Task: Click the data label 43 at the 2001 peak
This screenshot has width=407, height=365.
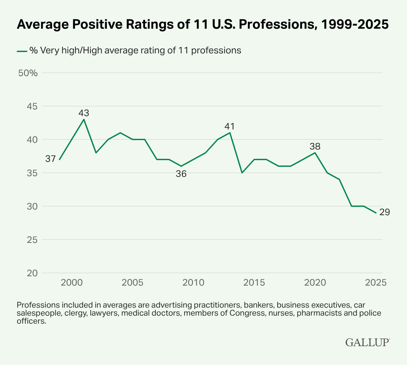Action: tap(84, 113)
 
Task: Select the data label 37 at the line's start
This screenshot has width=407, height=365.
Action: tap(50, 159)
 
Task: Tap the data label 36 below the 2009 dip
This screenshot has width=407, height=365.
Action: tap(181, 173)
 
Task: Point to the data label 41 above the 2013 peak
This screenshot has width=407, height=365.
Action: tap(230, 126)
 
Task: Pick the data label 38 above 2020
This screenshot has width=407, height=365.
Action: tap(315, 146)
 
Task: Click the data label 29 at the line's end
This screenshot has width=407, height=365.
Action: tap(385, 212)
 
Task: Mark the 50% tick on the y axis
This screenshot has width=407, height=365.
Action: tap(28, 73)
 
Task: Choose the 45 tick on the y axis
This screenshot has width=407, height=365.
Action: tap(32, 106)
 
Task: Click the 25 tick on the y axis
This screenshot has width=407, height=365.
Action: tap(32, 240)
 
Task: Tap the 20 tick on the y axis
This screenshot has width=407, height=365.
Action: tap(32, 273)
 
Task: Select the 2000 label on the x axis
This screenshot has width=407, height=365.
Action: tap(72, 283)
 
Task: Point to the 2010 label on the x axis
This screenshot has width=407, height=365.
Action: tap(193, 283)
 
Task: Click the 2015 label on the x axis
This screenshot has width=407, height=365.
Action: tap(254, 283)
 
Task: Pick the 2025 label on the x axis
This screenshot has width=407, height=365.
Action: tap(376, 283)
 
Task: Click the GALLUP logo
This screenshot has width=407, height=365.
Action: tap(367, 342)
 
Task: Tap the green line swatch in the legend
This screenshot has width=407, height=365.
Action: tap(22, 51)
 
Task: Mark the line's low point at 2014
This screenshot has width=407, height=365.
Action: tap(242, 173)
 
